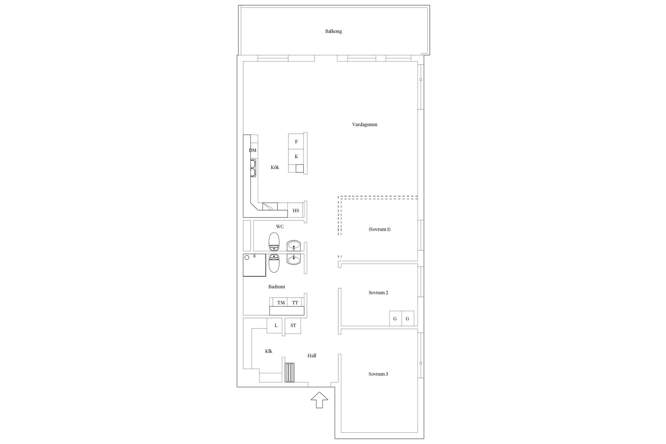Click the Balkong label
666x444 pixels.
pos(333,31)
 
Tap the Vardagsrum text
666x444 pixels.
pos(365,125)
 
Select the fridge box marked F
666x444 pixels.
pos(296,142)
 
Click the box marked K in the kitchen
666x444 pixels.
pos(296,156)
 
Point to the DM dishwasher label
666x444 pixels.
pos(253,150)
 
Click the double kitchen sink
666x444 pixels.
pos(253,168)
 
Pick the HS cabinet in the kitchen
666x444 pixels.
pos(296,210)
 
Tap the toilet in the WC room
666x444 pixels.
pos(274,242)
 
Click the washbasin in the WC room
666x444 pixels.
pos(294,246)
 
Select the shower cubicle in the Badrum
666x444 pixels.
pos(254,265)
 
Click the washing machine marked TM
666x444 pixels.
pos(281,302)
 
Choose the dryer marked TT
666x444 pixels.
pos(295,302)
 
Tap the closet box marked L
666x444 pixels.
pos(276,326)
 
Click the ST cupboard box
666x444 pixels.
pos(293,326)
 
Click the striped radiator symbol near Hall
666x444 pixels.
pos(290,373)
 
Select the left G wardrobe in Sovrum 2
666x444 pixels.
pos(395,318)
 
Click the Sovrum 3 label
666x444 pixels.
pos(378,374)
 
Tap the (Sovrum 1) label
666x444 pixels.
pos(379,229)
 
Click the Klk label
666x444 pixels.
pos(268,351)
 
